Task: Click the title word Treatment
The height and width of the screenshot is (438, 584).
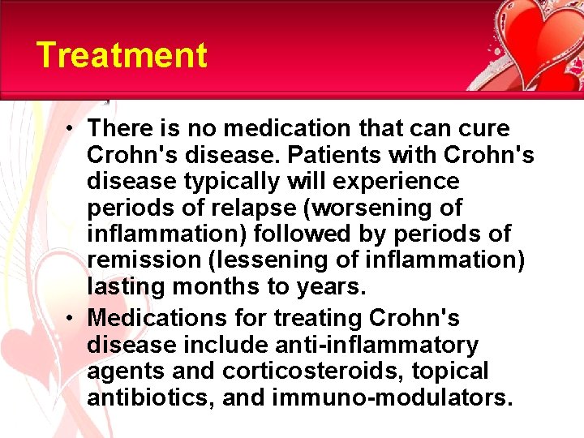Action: [122, 56]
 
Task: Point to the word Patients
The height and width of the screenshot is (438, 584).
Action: [363, 154]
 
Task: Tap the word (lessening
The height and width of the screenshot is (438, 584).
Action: [264, 261]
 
